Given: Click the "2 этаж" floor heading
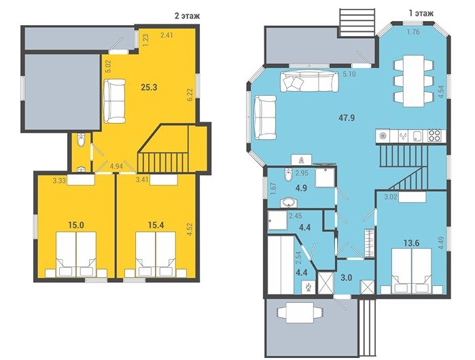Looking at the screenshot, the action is [187, 16].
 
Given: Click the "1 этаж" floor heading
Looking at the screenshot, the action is [421, 14].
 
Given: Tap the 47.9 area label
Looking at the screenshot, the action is [347, 118].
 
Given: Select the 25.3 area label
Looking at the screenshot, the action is [149, 88].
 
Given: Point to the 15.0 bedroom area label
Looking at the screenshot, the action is [76, 225].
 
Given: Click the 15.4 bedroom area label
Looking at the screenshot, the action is [156, 225].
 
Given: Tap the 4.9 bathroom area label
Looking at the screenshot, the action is [301, 187].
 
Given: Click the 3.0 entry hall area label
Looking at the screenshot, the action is [346, 277].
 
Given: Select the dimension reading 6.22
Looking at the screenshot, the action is [190, 95].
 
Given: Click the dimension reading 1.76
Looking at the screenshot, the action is [413, 32].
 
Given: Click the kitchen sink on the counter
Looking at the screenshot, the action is [417, 136].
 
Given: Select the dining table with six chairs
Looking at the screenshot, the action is [413, 81].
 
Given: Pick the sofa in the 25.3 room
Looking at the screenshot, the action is [114, 101].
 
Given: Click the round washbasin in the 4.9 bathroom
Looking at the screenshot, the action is [288, 202].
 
